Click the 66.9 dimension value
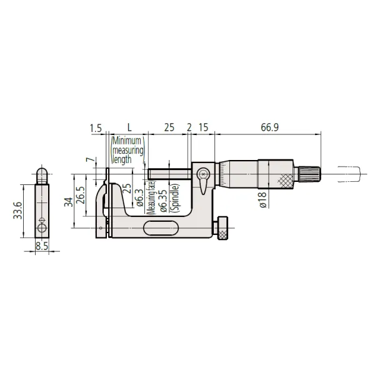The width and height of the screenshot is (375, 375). click(x=269, y=127)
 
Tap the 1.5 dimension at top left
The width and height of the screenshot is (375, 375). click(x=96, y=128)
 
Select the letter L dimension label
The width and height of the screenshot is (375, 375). click(x=129, y=127)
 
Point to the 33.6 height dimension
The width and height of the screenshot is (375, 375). click(x=17, y=211)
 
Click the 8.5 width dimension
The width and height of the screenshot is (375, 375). click(x=42, y=246)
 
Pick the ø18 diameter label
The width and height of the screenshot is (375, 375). click(x=262, y=200)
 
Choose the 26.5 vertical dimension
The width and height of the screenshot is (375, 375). click(x=81, y=195)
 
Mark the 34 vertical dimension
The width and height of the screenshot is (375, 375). click(x=69, y=202)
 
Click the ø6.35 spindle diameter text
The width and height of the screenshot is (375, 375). click(x=163, y=201)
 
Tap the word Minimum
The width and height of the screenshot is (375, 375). click(x=127, y=141)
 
